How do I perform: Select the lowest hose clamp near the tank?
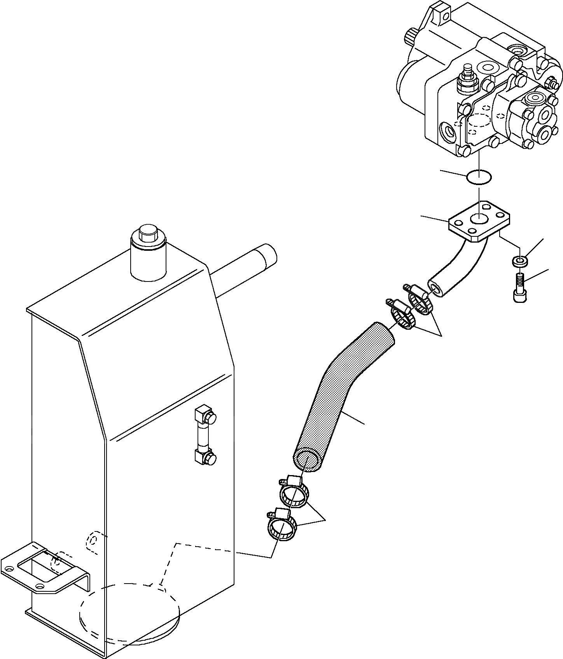(x=281, y=526)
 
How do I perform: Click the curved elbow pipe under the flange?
(x=459, y=268)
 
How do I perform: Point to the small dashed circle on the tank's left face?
(x=93, y=540)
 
